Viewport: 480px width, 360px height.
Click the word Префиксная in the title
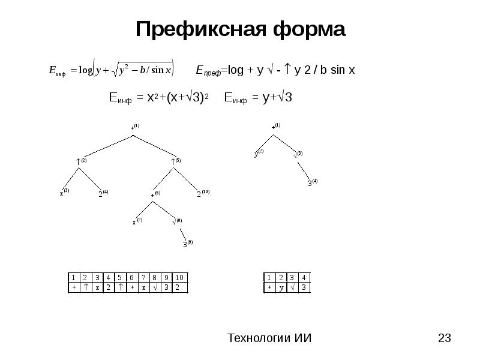pos(197,29)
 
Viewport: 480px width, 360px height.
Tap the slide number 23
pos(445,338)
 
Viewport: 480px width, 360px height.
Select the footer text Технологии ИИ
pos(269,338)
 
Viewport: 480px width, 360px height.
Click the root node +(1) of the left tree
pos(134,128)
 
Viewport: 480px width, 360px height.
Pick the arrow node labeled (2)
pos(79,161)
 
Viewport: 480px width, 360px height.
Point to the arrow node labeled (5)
pos(173,161)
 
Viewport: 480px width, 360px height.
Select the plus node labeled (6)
pos(153,194)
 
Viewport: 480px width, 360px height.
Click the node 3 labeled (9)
pos(185,244)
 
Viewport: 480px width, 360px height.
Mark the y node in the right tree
pos(256,154)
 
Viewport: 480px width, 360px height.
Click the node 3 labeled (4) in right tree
pos(310,182)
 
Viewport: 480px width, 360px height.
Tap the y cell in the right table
pos(281,287)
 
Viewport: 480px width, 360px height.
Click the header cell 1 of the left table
pos(73,278)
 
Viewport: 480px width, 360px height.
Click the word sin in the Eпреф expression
pos(337,70)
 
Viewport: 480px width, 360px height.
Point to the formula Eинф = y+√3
pos(258,97)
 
